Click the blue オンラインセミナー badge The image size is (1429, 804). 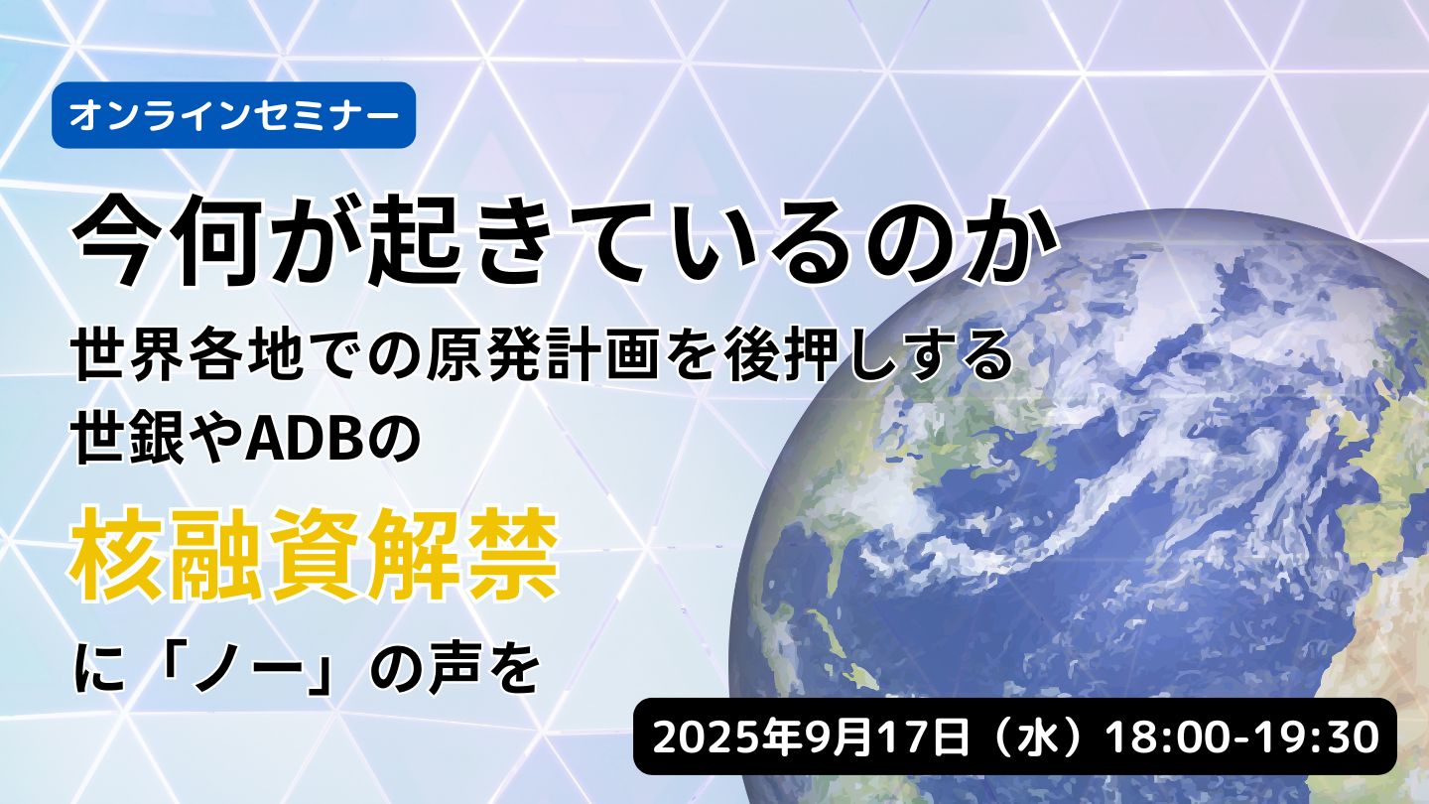(233, 115)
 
